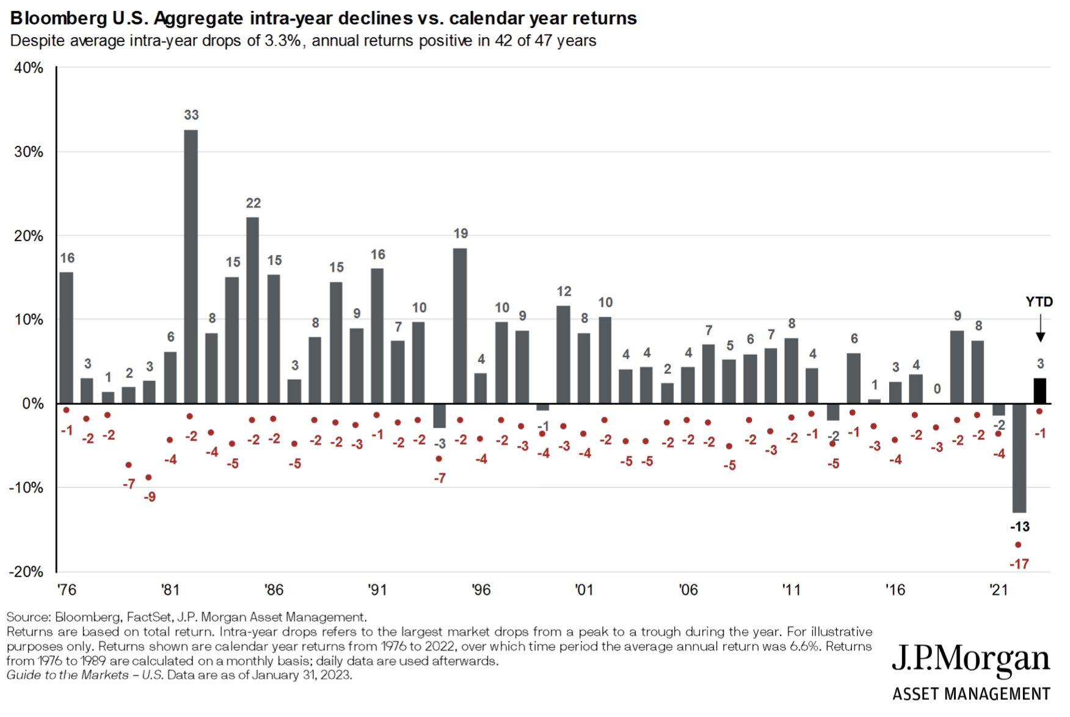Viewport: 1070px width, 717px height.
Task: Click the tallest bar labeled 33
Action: click(x=191, y=266)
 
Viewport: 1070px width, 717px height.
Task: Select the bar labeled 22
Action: click(x=253, y=310)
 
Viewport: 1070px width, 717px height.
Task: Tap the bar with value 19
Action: click(x=460, y=326)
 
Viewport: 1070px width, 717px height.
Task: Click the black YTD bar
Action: click(x=1039, y=391)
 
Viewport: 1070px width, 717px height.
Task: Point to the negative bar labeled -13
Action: click(x=1019, y=458)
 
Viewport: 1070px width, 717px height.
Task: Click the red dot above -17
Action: click(x=1018, y=545)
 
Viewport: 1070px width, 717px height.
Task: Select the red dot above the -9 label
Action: click(x=149, y=478)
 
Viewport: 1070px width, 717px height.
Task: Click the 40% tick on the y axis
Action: click(x=29, y=68)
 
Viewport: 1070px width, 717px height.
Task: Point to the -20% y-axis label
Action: click(x=26, y=572)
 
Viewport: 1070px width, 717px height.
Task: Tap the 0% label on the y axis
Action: click(x=32, y=404)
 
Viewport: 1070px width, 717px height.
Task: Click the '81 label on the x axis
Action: click(x=170, y=590)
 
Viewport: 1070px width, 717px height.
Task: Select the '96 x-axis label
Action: click(x=481, y=590)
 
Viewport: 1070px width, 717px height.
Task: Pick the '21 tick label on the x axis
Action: click(x=999, y=590)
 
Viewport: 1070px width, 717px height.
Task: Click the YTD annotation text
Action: click(x=1039, y=302)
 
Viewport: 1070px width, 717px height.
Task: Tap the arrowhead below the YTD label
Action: click(x=1041, y=337)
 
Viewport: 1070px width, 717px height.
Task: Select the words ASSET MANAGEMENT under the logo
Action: click(x=971, y=694)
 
